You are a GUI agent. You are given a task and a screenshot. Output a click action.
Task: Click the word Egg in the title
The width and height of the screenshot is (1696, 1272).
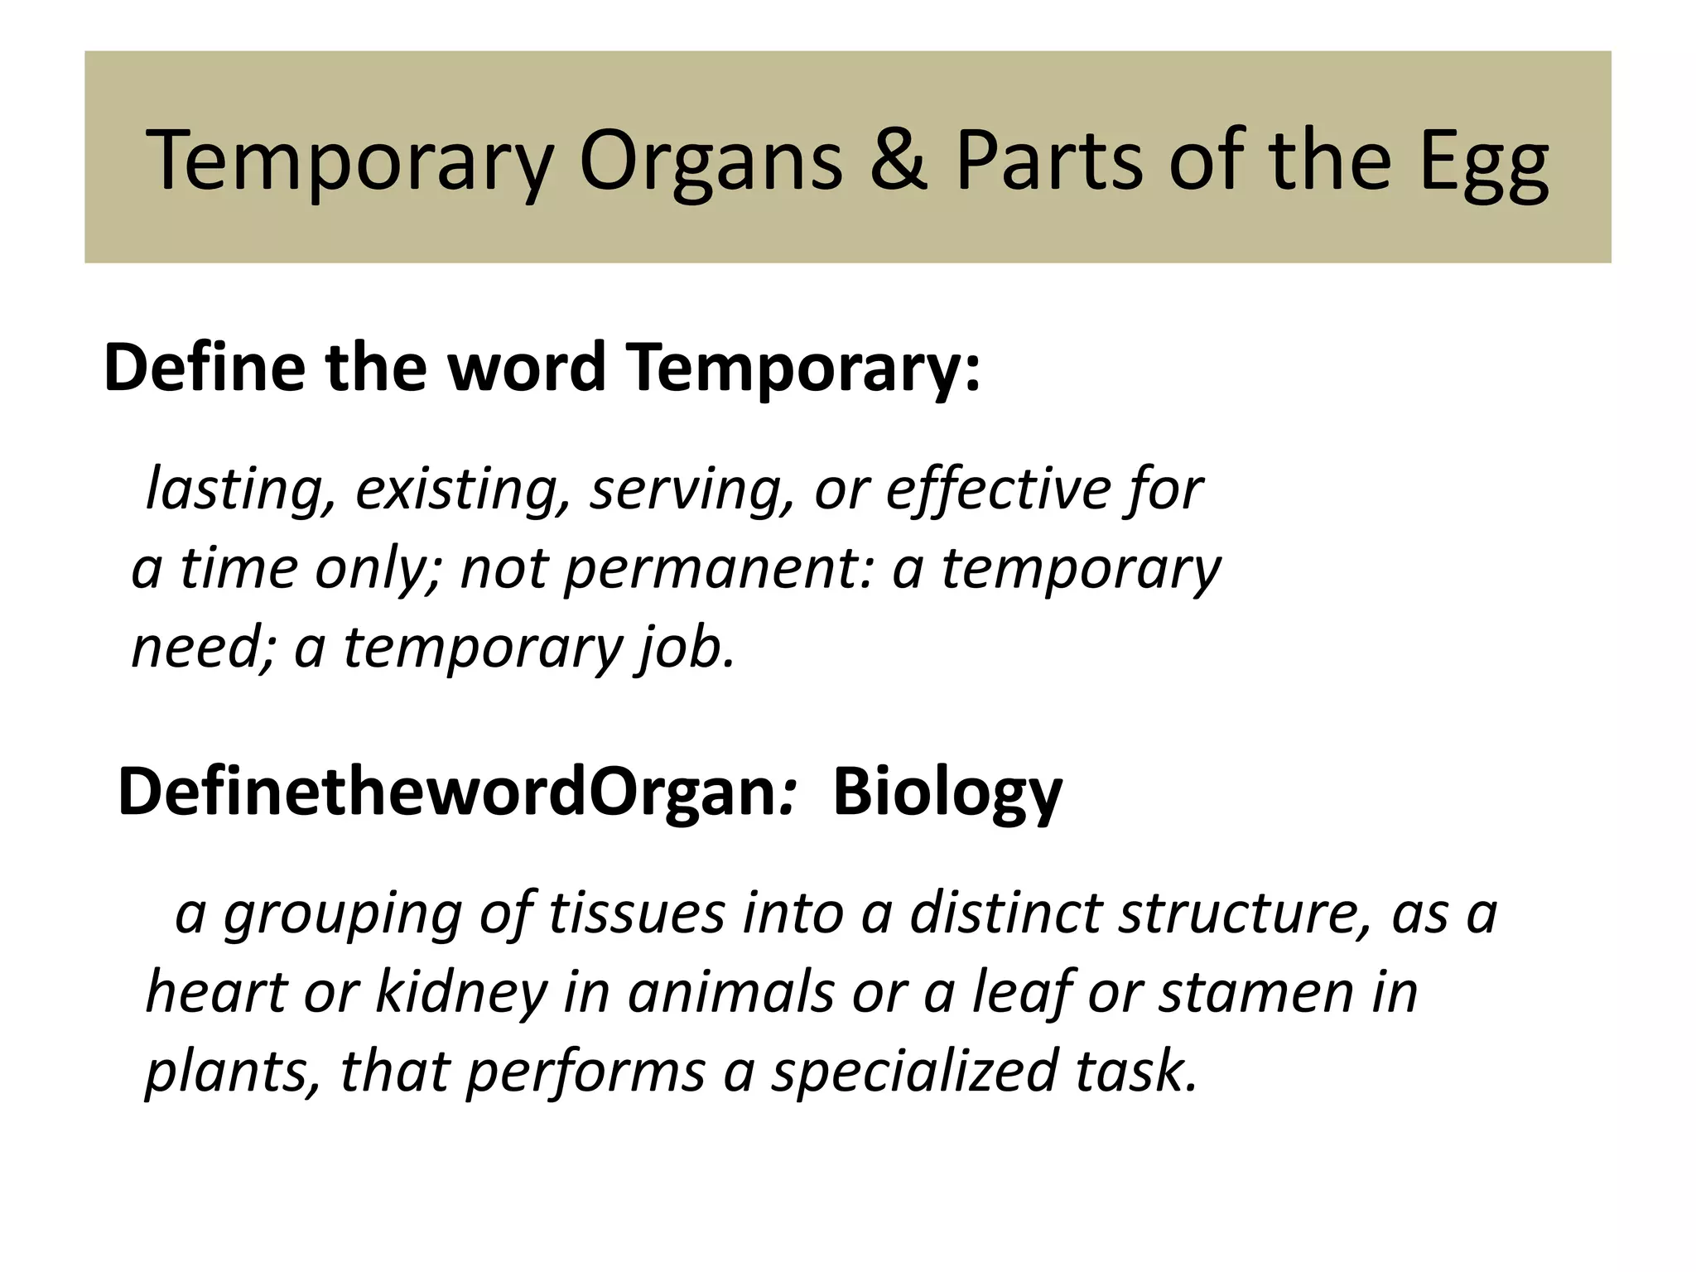pos(1483,161)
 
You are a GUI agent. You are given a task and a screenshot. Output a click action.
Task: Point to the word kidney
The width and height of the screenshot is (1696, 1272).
pos(460,992)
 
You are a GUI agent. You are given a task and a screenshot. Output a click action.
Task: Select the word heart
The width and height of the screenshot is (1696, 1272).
pos(216,992)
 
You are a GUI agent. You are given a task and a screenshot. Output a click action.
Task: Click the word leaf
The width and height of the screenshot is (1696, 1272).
pos(1018,992)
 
